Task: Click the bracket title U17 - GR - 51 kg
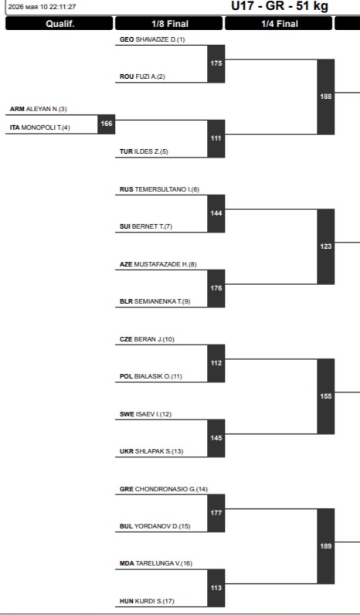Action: (x=280, y=6)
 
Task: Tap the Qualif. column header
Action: (x=59, y=23)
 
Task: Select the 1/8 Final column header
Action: (x=169, y=23)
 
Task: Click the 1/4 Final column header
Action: (x=279, y=23)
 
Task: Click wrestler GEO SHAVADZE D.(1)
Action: (x=152, y=39)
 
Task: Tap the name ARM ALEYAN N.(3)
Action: (x=39, y=109)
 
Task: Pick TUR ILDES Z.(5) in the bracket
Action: (x=144, y=151)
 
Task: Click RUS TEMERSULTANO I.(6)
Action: (x=159, y=189)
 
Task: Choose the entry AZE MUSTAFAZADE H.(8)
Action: (x=158, y=264)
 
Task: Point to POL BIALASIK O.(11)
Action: (x=151, y=376)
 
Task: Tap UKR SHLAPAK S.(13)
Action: (x=151, y=451)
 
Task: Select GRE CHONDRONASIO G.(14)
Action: (x=164, y=489)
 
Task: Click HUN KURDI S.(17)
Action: (x=147, y=601)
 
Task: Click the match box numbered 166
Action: (x=107, y=124)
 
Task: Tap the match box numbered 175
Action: (x=216, y=63)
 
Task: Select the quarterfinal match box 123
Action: (x=326, y=246)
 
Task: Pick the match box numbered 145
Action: (x=216, y=438)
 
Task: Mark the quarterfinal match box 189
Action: (x=326, y=546)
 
